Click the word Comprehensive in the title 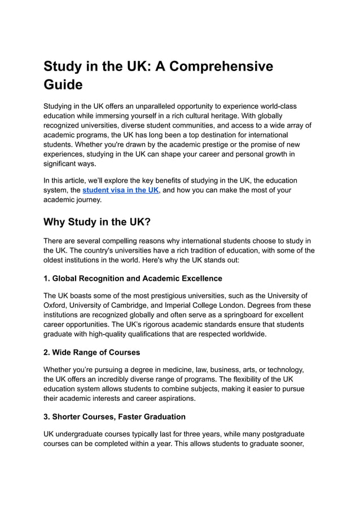[222, 66]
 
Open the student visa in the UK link [121, 190]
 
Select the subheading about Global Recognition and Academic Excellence [133, 278]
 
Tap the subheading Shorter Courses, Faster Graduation [115, 417]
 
